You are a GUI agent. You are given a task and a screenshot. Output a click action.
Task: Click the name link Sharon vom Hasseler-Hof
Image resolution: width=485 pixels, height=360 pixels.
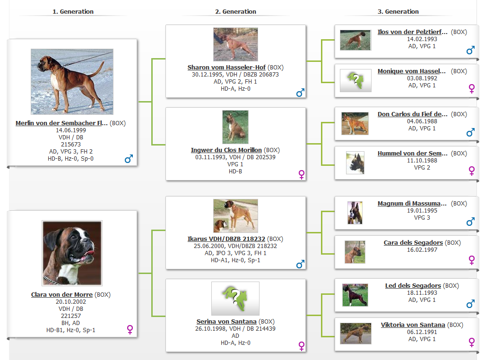[x=226, y=68]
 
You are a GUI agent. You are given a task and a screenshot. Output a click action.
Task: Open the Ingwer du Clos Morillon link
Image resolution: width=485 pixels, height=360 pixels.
[x=226, y=150]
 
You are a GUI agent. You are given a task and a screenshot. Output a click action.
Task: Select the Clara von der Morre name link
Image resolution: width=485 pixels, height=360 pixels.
[x=62, y=294]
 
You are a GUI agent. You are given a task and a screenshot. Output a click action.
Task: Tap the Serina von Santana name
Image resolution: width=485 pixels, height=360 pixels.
[x=226, y=321]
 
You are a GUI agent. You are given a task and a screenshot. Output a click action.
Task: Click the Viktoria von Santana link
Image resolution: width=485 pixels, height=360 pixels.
[x=413, y=325]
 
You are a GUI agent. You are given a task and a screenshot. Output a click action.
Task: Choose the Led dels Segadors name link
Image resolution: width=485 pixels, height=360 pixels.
[x=413, y=285]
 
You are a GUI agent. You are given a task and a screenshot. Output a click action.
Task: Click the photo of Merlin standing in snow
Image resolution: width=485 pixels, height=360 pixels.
[x=72, y=82]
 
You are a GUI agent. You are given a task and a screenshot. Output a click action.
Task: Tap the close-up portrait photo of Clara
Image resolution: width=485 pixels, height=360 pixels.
[x=72, y=253]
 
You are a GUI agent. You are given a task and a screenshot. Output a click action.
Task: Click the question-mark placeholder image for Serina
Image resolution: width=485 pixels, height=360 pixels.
[x=235, y=299]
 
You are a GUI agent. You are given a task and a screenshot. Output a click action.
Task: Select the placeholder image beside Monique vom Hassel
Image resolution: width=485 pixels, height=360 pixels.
[x=355, y=80]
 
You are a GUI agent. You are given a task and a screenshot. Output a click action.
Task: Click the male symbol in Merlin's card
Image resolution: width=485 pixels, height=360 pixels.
[x=129, y=159]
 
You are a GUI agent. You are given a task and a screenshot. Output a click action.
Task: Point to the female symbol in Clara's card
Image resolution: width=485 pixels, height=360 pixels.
[x=130, y=330]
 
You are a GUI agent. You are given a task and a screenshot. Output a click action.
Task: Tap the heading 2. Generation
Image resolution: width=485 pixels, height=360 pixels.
[x=236, y=11]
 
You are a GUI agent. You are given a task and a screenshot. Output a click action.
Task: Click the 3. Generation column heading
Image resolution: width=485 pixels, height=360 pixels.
[x=398, y=11]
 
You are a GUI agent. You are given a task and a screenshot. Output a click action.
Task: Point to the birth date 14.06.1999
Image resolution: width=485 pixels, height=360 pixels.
[x=71, y=130]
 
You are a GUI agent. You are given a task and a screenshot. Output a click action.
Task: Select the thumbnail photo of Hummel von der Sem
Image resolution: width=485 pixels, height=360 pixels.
[x=355, y=163]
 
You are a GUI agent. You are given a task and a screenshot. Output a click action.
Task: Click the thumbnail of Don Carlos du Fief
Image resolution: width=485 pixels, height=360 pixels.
[x=355, y=124]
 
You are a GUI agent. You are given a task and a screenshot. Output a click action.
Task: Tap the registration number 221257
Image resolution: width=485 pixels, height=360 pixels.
[x=71, y=316]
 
